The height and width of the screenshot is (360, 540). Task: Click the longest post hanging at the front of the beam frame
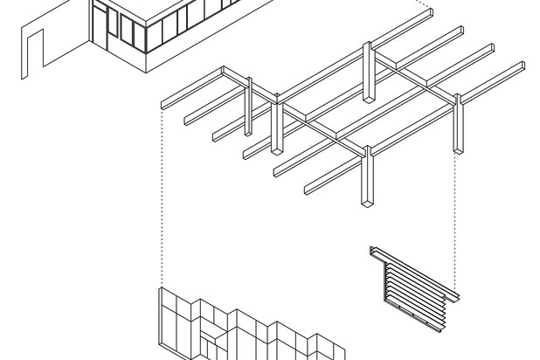pos(366,179)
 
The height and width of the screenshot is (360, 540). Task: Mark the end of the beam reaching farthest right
pos(521,65)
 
